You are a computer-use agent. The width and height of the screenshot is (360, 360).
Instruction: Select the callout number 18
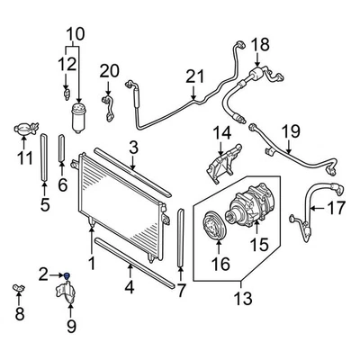coord(260,45)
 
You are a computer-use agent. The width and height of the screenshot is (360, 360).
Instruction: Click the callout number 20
coord(109,70)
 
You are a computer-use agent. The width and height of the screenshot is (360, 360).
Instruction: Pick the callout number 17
coord(335,209)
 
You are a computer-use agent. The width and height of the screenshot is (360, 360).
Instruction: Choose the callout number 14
coord(221,135)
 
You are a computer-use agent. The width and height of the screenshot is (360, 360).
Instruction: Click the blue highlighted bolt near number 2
coord(68,274)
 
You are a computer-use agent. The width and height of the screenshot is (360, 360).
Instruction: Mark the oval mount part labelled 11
coord(25,130)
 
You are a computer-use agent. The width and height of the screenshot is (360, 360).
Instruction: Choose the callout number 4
coord(130,289)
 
